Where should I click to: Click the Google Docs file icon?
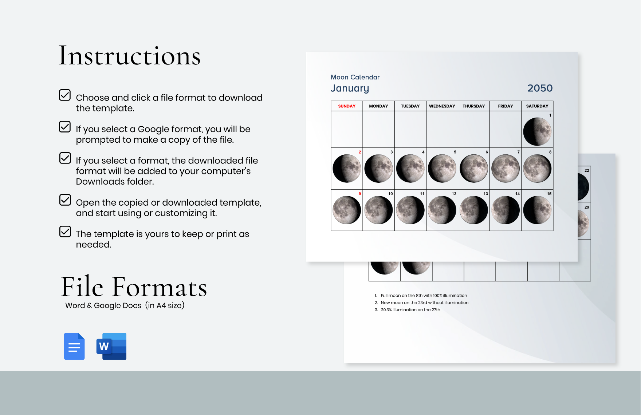(74, 346)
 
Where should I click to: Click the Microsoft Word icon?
(111, 346)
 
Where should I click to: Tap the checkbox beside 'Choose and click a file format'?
(65, 95)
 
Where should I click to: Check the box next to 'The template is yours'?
(65, 232)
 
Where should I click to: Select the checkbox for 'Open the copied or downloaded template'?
(65, 200)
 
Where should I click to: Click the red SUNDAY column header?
(347, 106)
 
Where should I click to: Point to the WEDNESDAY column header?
(442, 106)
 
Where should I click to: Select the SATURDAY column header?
(537, 106)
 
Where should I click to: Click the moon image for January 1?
(537, 131)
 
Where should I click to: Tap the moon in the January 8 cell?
(537, 169)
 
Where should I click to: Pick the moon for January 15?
(537, 210)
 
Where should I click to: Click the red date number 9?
(360, 194)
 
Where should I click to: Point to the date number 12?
(454, 194)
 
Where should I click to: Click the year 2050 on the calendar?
(540, 88)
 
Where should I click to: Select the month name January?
(350, 88)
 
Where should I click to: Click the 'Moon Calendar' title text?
(355, 77)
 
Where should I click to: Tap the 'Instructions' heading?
(130, 56)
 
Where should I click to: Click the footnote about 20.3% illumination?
(410, 310)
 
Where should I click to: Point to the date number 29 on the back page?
(587, 207)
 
